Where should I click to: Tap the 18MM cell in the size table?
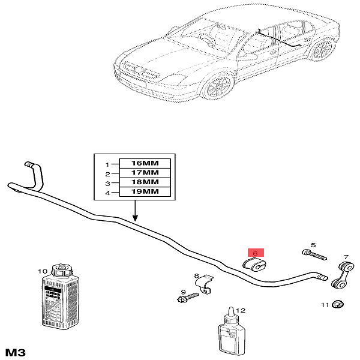coord(145,182)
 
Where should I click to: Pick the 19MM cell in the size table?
coord(145,192)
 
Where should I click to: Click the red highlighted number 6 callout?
coord(256,253)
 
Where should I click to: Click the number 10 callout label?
coord(42,271)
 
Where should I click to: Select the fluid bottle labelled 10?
coord(57,299)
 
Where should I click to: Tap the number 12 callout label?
coord(241,310)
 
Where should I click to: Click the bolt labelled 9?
coord(188,296)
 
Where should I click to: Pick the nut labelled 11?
coord(338,305)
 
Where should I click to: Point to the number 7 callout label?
coord(346,257)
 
